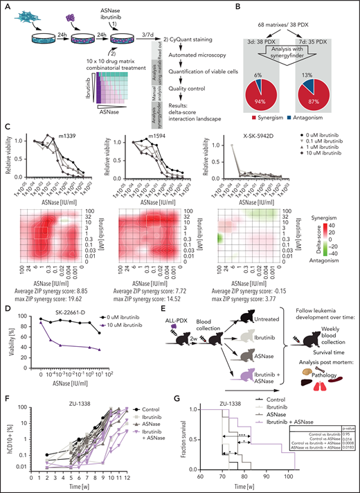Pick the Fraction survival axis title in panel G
point(188,439)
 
